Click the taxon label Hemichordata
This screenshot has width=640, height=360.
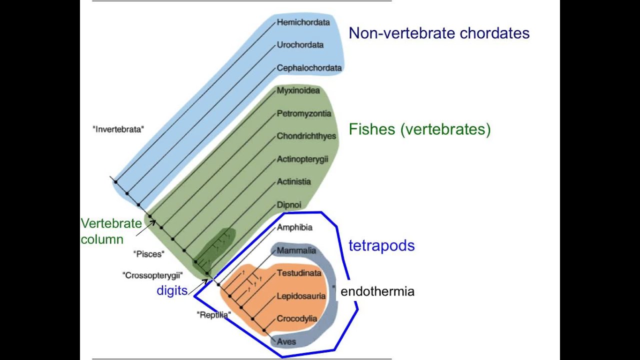303,22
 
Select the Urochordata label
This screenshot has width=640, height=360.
300,45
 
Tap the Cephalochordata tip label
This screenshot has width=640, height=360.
309,68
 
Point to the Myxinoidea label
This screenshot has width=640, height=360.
298,90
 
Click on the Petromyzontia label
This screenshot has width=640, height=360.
304,113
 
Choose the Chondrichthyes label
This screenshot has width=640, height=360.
306,136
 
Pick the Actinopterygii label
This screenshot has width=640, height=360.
302,159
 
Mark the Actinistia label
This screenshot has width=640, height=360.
293,182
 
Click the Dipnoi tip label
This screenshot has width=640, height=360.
289,204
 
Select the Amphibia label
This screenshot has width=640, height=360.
294,227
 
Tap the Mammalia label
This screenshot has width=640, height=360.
296,250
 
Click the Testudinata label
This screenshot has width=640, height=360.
299,273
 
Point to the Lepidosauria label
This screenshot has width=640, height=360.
301,296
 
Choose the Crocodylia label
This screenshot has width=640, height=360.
297,318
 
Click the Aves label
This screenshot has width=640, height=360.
286,341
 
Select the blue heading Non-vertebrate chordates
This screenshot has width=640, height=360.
439,33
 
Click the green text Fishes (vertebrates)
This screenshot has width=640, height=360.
419,129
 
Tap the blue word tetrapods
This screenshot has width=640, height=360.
381,245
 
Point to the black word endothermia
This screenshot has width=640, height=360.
377,291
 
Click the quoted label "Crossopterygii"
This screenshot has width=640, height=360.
152,275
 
